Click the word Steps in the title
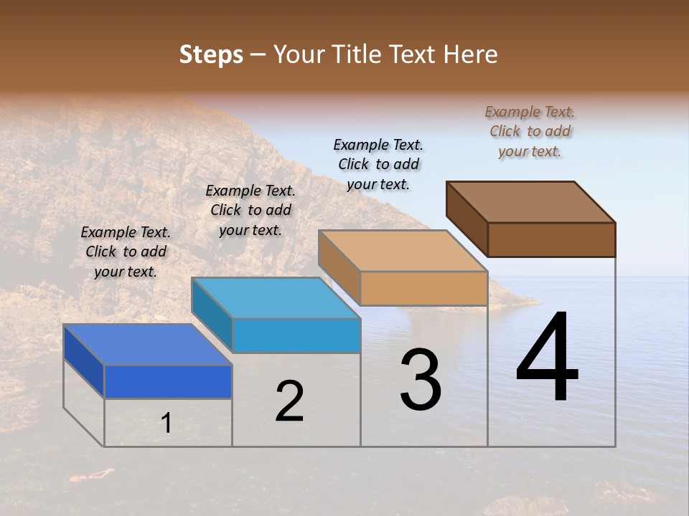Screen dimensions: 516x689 pos(211,54)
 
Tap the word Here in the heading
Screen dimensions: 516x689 pos(471,54)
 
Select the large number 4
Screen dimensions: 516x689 pos(547,358)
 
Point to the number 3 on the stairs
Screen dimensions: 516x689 pos(420,380)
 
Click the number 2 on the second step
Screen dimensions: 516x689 pos(289,401)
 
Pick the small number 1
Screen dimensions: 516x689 pos(167,423)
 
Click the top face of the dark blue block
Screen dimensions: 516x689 pos(147,345)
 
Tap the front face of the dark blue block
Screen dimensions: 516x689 pos(168,381)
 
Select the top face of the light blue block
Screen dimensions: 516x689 pos(276,297)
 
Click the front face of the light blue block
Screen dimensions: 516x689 pos(296,335)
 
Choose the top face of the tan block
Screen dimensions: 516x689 pos(403,251)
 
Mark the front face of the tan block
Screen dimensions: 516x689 pos(423,288)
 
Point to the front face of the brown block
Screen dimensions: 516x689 pos(551,239)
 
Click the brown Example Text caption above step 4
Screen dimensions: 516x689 pos(530,131)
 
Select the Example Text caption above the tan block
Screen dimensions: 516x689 pos(378,164)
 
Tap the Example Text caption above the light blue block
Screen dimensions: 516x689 pos(250,210)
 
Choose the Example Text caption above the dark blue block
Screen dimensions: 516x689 pos(126,252)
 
